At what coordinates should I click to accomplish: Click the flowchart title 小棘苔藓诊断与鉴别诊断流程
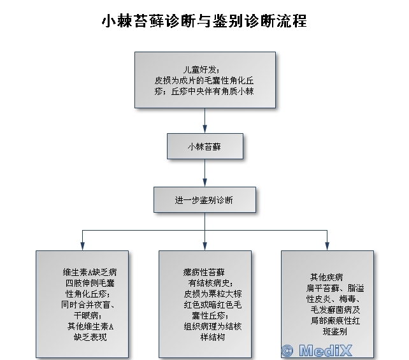point(204,21)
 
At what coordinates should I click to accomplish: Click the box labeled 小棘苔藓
point(204,146)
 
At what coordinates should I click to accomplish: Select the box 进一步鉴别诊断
point(204,199)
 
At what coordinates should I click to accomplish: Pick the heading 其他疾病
point(327,277)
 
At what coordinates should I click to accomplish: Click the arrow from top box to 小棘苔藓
point(204,120)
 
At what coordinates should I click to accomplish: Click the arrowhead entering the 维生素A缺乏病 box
point(82,246)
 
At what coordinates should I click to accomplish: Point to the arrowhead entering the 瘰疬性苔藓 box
point(204,246)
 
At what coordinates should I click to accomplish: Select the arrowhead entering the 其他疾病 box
point(327,246)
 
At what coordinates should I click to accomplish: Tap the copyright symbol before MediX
point(287,350)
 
